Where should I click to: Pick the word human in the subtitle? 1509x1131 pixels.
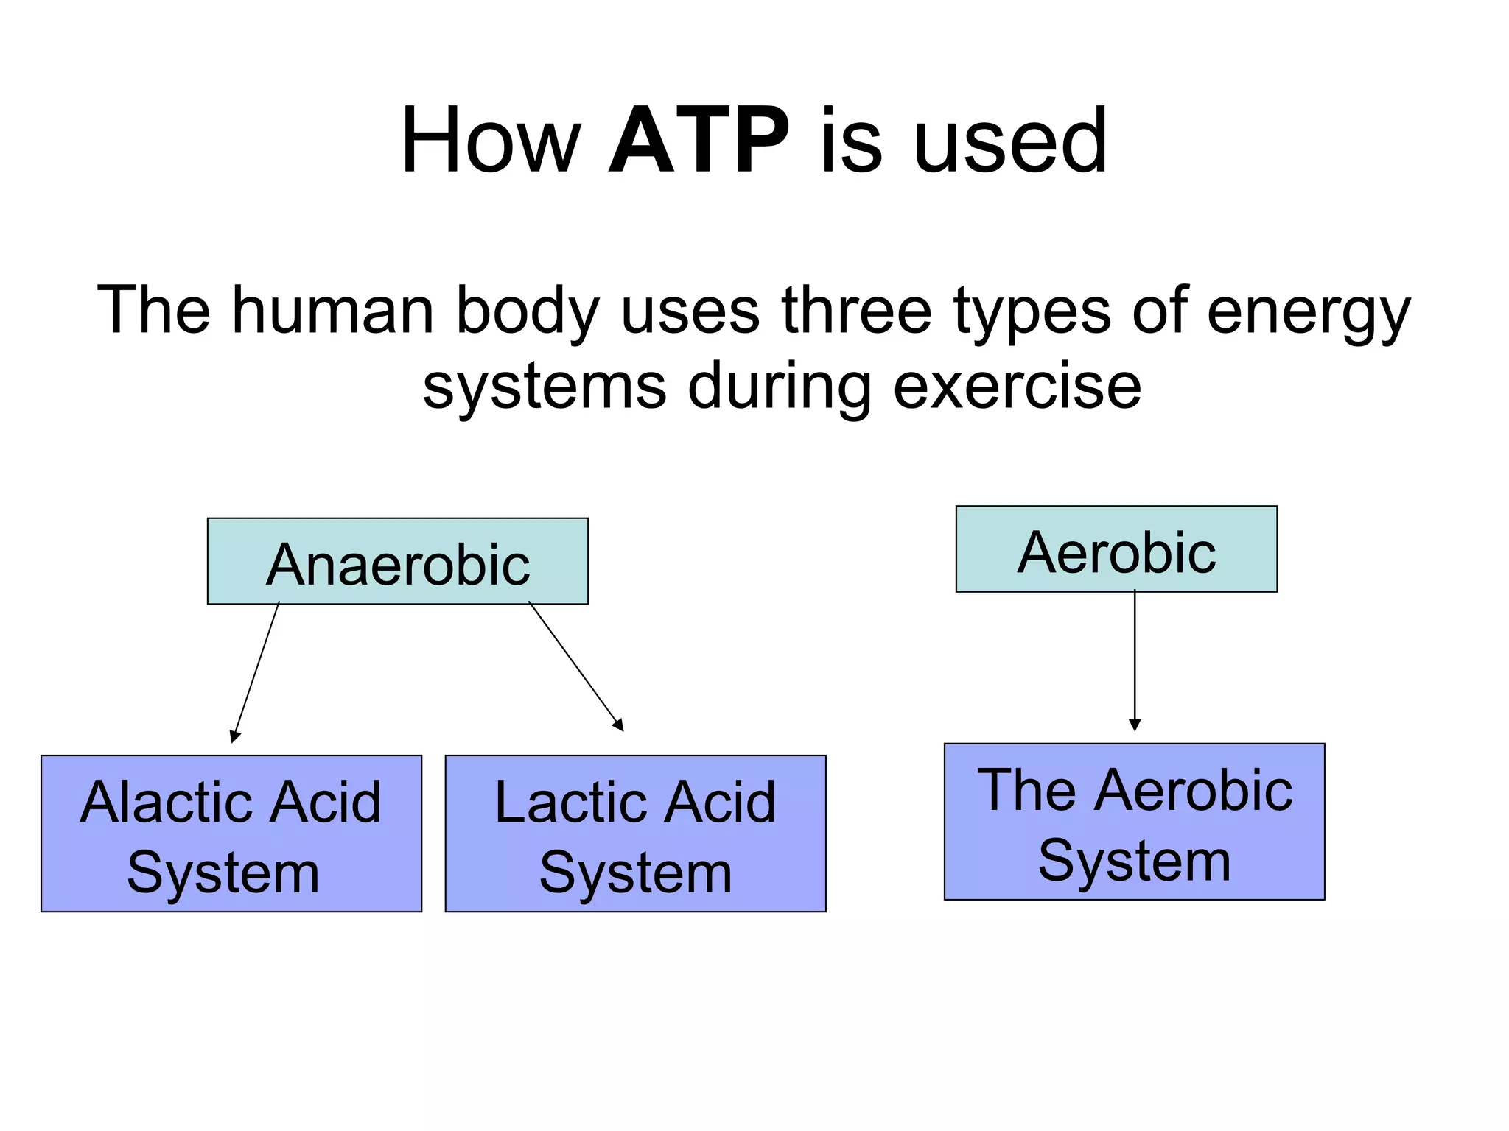(333, 311)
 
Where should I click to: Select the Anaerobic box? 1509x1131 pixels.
(398, 562)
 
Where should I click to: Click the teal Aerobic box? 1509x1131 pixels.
(1116, 549)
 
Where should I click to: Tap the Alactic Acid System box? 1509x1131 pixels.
(231, 834)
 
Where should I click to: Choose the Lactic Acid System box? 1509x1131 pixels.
(635, 834)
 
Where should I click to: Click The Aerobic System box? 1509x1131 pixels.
(1135, 822)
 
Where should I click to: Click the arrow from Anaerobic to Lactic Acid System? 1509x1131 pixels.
(575, 666)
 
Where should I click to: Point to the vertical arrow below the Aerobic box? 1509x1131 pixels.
(1135, 660)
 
